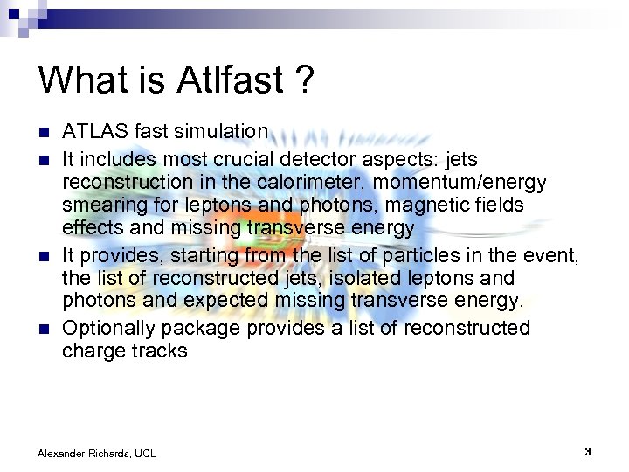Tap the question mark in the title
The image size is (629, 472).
click(304, 80)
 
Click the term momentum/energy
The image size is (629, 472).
click(469, 182)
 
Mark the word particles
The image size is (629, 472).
click(414, 255)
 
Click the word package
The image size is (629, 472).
click(200, 328)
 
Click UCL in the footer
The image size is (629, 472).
click(145, 453)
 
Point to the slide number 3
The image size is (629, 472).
click(588, 452)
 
